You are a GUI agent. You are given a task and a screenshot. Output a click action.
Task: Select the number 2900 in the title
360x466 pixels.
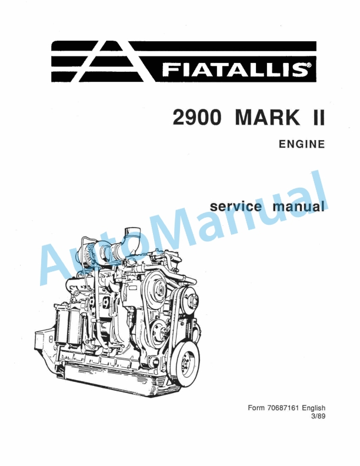197,118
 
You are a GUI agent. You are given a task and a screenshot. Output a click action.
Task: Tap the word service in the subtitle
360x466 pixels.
237,207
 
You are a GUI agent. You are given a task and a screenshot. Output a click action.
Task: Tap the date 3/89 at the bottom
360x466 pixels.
318,417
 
